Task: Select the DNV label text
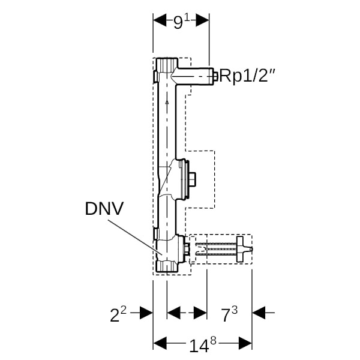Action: pyautogui.click(x=104, y=209)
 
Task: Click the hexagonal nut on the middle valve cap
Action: pyautogui.click(x=192, y=179)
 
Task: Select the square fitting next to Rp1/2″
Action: pyautogui.click(x=212, y=75)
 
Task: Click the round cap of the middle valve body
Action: pyautogui.click(x=184, y=179)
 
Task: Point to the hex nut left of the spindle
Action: pyautogui.click(x=188, y=248)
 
